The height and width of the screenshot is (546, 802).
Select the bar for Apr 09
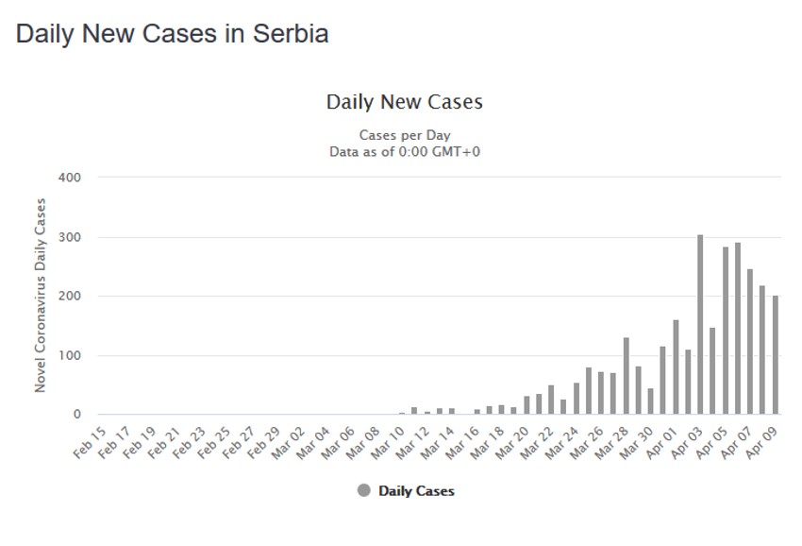(776, 355)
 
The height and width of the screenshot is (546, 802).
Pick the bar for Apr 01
(676, 367)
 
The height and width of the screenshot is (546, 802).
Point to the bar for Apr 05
(726, 331)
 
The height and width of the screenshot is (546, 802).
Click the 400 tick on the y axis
(71, 178)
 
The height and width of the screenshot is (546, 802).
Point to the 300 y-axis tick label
(71, 237)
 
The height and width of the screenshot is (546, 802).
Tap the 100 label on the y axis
(71, 355)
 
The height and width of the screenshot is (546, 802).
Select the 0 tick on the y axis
(77, 415)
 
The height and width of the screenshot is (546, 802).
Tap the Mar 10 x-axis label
(386, 439)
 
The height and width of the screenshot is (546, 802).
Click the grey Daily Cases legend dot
(364, 490)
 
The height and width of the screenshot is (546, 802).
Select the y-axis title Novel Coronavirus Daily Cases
(41, 296)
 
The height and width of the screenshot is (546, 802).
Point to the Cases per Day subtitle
(404, 135)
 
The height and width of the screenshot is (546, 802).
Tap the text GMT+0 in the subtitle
(456, 151)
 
